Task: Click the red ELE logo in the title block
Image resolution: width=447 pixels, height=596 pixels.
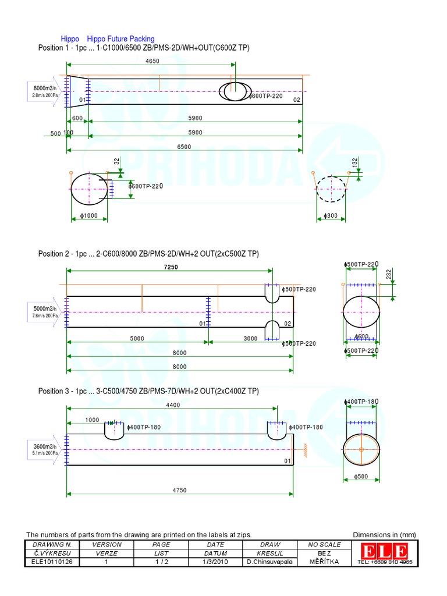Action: coord(384,551)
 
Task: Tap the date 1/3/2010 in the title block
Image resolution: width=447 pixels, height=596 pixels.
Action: coord(215,562)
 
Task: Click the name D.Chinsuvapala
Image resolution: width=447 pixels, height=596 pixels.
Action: coord(271,562)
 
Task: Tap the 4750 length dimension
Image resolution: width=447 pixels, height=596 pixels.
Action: coord(179,490)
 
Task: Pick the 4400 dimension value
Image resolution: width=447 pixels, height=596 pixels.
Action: coord(173,405)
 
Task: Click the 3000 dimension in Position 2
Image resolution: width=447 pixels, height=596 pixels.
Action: coord(250,338)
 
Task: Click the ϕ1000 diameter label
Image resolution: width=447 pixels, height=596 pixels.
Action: coord(88,216)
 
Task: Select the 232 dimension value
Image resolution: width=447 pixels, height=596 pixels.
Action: coord(389,275)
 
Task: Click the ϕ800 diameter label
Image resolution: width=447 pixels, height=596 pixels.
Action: coord(331,216)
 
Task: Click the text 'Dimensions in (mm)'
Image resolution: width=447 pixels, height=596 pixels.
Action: coord(384,535)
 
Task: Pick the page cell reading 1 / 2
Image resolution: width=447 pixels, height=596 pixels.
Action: coord(160,562)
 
